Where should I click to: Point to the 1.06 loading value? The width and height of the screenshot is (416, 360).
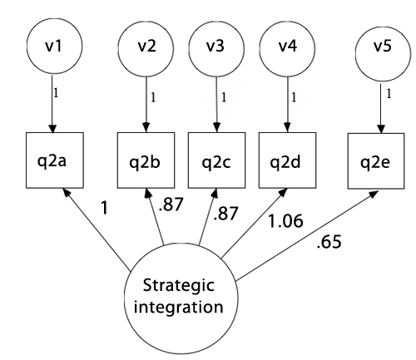(x=285, y=221)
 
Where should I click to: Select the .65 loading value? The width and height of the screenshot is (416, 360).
(x=329, y=241)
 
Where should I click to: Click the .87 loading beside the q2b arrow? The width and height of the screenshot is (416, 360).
(x=171, y=205)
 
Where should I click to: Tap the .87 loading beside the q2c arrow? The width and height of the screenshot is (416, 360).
(x=225, y=214)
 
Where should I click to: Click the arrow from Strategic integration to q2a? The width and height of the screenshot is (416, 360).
(x=97, y=229)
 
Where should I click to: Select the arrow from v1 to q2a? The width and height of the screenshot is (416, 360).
(x=52, y=104)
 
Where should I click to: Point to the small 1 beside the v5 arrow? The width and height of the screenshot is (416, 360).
(x=389, y=94)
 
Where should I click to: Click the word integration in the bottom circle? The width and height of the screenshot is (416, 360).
(x=179, y=308)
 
